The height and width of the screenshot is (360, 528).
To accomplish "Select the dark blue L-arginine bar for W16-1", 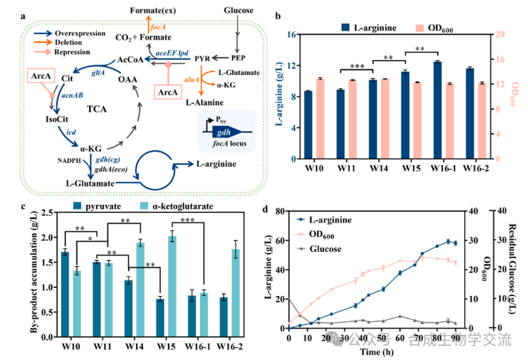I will click(437, 110).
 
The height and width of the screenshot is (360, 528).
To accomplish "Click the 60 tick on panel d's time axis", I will click(400, 338).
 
